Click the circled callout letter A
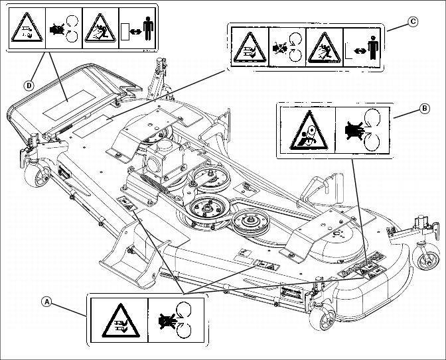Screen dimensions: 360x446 (46, 301)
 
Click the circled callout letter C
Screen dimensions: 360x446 (413, 22)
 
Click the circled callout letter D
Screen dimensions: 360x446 (29, 85)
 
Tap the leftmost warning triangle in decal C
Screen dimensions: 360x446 (248, 48)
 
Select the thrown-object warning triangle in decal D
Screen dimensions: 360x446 (100, 29)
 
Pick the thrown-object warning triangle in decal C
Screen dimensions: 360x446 (323, 48)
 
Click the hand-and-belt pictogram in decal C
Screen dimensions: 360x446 (286, 48)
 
